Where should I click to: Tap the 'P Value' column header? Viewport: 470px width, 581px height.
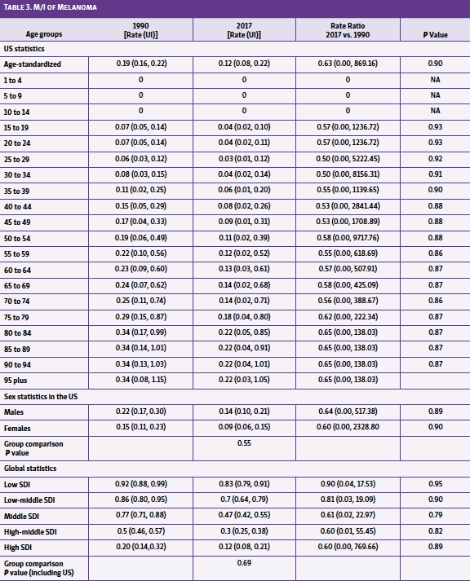click(434, 35)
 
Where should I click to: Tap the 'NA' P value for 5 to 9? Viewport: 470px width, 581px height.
click(434, 95)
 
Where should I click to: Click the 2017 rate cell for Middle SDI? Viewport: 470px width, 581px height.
click(243, 515)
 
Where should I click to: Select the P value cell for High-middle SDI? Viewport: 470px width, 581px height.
click(434, 530)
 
